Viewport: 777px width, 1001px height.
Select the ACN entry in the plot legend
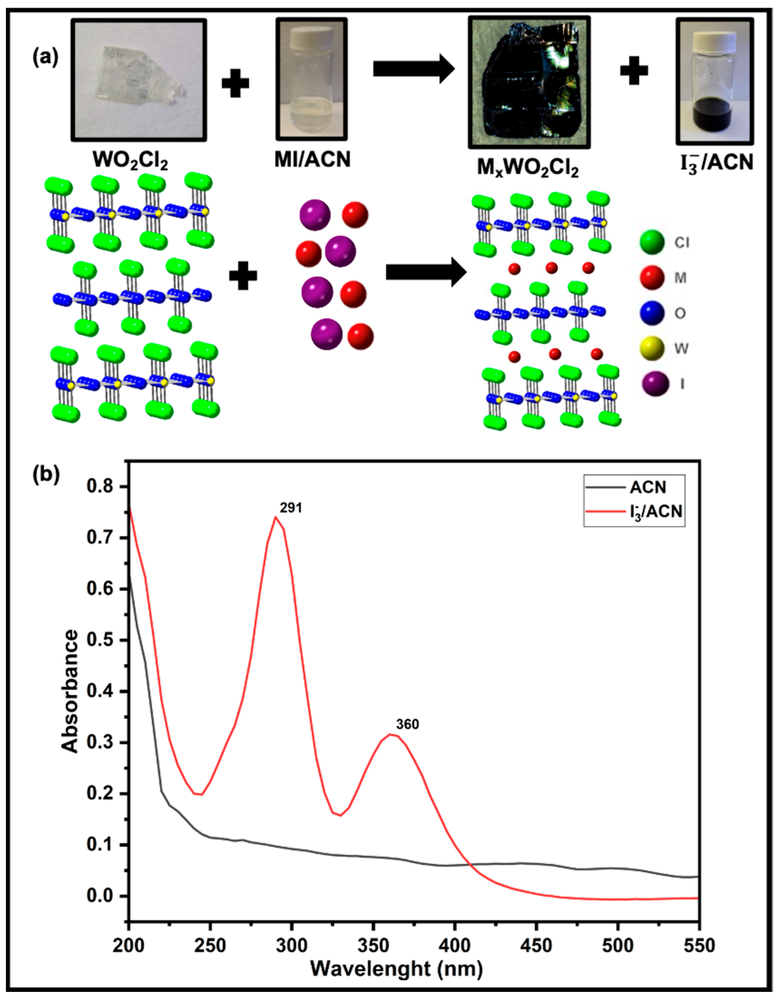(648, 487)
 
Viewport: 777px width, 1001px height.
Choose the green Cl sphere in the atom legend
(652, 242)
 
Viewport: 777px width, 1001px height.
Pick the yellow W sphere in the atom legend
(652, 348)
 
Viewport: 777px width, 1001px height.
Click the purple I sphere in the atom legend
(652, 384)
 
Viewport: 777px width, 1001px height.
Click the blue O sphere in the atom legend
(652, 313)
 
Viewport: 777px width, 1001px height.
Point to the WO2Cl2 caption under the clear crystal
(130, 161)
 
